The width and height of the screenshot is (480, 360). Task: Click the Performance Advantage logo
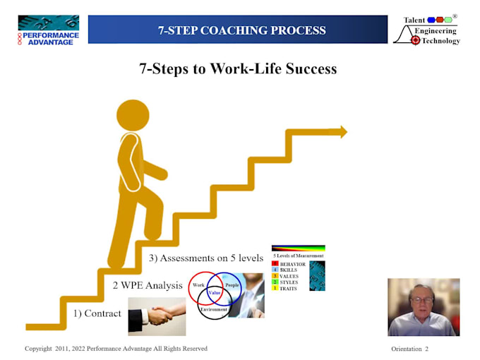click(49, 30)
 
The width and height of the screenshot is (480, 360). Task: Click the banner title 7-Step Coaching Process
click(242, 30)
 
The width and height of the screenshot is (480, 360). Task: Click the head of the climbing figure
click(133, 116)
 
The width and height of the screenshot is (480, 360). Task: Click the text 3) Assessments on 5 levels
click(206, 258)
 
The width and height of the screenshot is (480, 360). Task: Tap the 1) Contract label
click(98, 313)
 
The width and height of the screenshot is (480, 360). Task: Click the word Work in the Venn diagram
click(198, 285)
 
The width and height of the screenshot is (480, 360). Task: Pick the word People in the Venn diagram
click(232, 285)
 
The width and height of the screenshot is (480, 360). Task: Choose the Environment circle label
click(214, 309)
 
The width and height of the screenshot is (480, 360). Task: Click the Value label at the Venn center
click(215, 292)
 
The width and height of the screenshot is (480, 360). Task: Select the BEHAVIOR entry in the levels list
click(292, 264)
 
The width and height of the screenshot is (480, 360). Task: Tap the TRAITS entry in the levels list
click(288, 288)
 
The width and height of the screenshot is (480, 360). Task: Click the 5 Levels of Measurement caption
click(298, 256)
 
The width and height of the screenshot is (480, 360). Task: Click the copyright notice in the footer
click(116, 349)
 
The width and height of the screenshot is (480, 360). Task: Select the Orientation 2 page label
click(409, 349)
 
